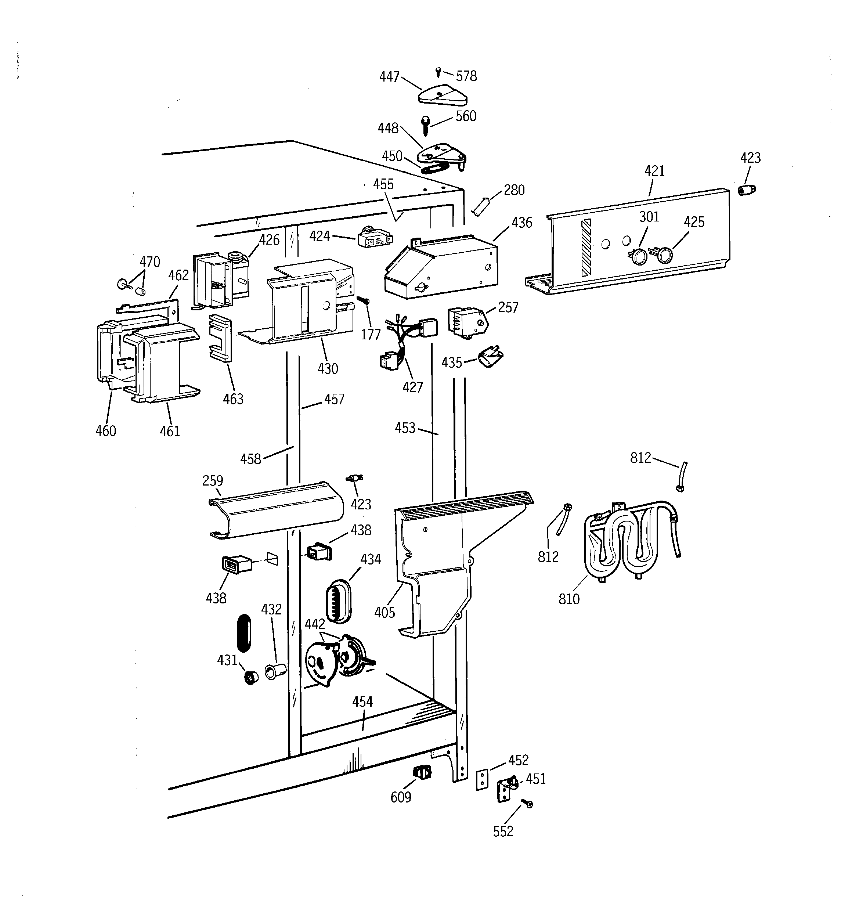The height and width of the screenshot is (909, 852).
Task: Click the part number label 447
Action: (389, 77)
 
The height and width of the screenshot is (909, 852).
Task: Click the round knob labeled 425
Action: (664, 256)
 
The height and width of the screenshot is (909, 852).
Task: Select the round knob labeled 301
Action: (639, 256)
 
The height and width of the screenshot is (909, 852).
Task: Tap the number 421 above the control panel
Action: (654, 171)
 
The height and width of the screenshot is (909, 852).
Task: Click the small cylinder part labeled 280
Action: (481, 207)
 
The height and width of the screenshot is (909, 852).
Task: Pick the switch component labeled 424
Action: (375, 237)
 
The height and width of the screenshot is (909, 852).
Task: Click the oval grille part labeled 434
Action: (338, 601)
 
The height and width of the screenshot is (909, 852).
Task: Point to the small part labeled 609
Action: (422, 772)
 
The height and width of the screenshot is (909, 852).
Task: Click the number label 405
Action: (384, 612)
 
